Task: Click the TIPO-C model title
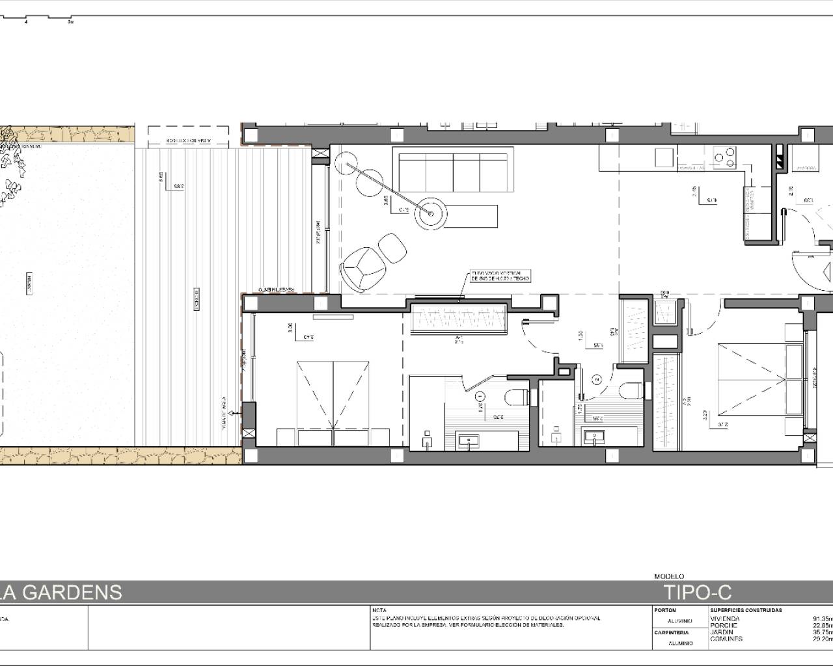pyautogui.click(x=698, y=592)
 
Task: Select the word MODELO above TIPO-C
pyautogui.click(x=669, y=576)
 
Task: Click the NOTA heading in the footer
pyautogui.click(x=379, y=611)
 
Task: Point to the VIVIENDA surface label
pyautogui.click(x=724, y=619)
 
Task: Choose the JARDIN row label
pyautogui.click(x=721, y=632)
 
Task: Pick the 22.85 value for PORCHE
pyautogui.click(x=822, y=626)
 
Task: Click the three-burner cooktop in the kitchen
pyautogui.click(x=724, y=155)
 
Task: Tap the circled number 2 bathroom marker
pyautogui.click(x=595, y=379)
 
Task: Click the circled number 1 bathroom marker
pyautogui.click(x=480, y=395)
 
